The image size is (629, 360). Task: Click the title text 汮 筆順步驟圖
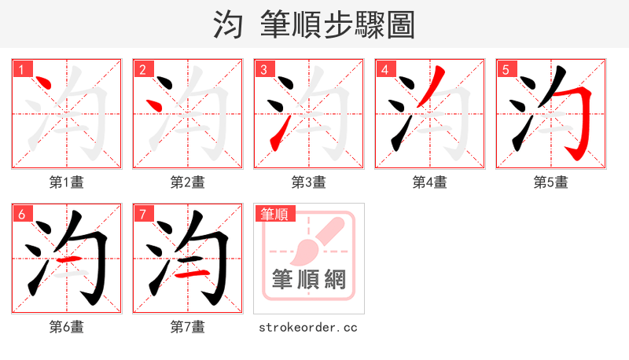pyautogui.click(x=314, y=24)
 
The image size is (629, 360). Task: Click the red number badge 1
pyautogui.click(x=21, y=70)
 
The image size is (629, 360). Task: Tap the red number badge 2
pyautogui.click(x=142, y=70)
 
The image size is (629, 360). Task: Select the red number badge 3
pyautogui.click(x=263, y=70)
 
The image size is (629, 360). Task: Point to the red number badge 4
pyautogui.click(x=384, y=70)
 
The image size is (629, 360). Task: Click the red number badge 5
pyautogui.click(x=506, y=70)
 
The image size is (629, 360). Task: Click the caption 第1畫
pyautogui.click(x=67, y=182)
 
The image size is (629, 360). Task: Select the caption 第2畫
pyautogui.click(x=188, y=182)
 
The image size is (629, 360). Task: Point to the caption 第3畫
pyautogui.click(x=309, y=182)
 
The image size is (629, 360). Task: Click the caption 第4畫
pyautogui.click(x=430, y=182)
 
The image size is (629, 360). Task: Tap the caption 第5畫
pyautogui.click(x=551, y=182)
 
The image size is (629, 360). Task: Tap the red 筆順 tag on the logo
pyautogui.click(x=274, y=214)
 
